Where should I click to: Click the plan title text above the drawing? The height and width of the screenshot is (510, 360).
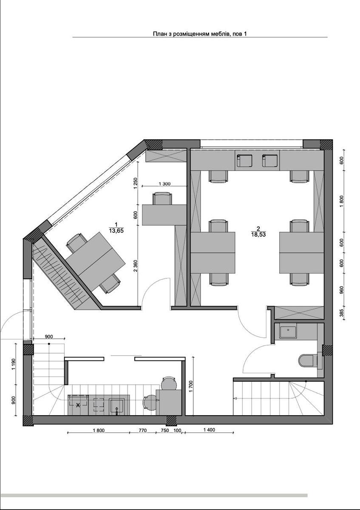click(x=200, y=34)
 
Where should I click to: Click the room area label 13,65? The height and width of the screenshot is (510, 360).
click(x=116, y=231)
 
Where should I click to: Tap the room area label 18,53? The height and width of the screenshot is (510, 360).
click(x=259, y=235)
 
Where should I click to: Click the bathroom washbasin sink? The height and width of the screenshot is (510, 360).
click(x=288, y=332)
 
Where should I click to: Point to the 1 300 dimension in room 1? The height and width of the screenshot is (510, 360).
click(x=164, y=184)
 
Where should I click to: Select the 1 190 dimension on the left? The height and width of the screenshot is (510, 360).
click(x=14, y=365)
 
